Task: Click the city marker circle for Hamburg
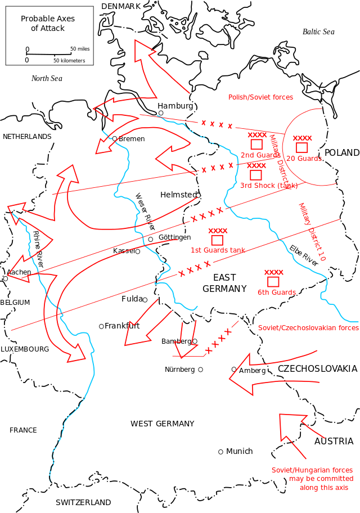tap(161, 113)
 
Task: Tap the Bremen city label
tap(132, 139)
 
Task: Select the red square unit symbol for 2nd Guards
tap(256, 144)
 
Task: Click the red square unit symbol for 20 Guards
tap(301, 147)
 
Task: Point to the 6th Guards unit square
tap(273, 282)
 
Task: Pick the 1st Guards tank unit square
tap(217, 240)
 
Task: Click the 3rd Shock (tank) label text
tap(269, 186)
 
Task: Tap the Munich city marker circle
tap(221, 452)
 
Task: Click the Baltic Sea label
tap(318, 31)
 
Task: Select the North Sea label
tap(47, 78)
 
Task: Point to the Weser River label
tap(145, 211)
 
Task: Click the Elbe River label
tap(303, 255)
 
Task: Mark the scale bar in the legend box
tap(49, 54)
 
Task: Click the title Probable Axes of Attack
tap(48, 23)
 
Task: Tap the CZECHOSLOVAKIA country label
tap(317, 369)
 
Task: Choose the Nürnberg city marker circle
tap(201, 370)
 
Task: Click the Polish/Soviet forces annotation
tap(260, 97)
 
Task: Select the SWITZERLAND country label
tap(83, 502)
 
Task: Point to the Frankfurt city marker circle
tap(101, 326)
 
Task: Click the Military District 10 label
tap(313, 232)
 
